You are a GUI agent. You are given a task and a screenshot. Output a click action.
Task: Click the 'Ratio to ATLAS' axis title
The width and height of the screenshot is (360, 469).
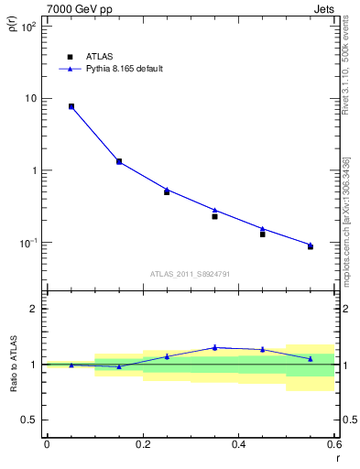point(14,365)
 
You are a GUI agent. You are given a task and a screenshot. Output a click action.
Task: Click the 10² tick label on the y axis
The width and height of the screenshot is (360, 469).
point(29,27)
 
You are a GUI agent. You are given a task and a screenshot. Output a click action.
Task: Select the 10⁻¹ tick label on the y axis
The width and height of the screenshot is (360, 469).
point(29,243)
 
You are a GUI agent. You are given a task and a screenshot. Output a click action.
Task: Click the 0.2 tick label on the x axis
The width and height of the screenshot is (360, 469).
point(142,444)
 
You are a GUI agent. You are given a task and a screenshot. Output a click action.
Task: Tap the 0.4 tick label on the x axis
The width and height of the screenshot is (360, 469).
point(238,444)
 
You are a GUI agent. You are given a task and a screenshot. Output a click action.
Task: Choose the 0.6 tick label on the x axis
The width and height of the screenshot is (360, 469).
point(333,444)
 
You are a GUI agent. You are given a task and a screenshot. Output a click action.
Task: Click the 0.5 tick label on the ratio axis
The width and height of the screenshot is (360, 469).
point(29,420)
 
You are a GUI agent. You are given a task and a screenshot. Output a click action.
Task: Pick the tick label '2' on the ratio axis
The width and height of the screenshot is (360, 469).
point(35,309)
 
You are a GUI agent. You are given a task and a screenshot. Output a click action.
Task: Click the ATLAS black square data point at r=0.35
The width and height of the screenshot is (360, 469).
point(214,216)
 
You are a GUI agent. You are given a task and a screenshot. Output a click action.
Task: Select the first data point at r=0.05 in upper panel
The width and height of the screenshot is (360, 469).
point(71,106)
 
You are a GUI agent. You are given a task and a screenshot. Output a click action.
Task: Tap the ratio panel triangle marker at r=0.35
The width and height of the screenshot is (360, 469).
point(214,347)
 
